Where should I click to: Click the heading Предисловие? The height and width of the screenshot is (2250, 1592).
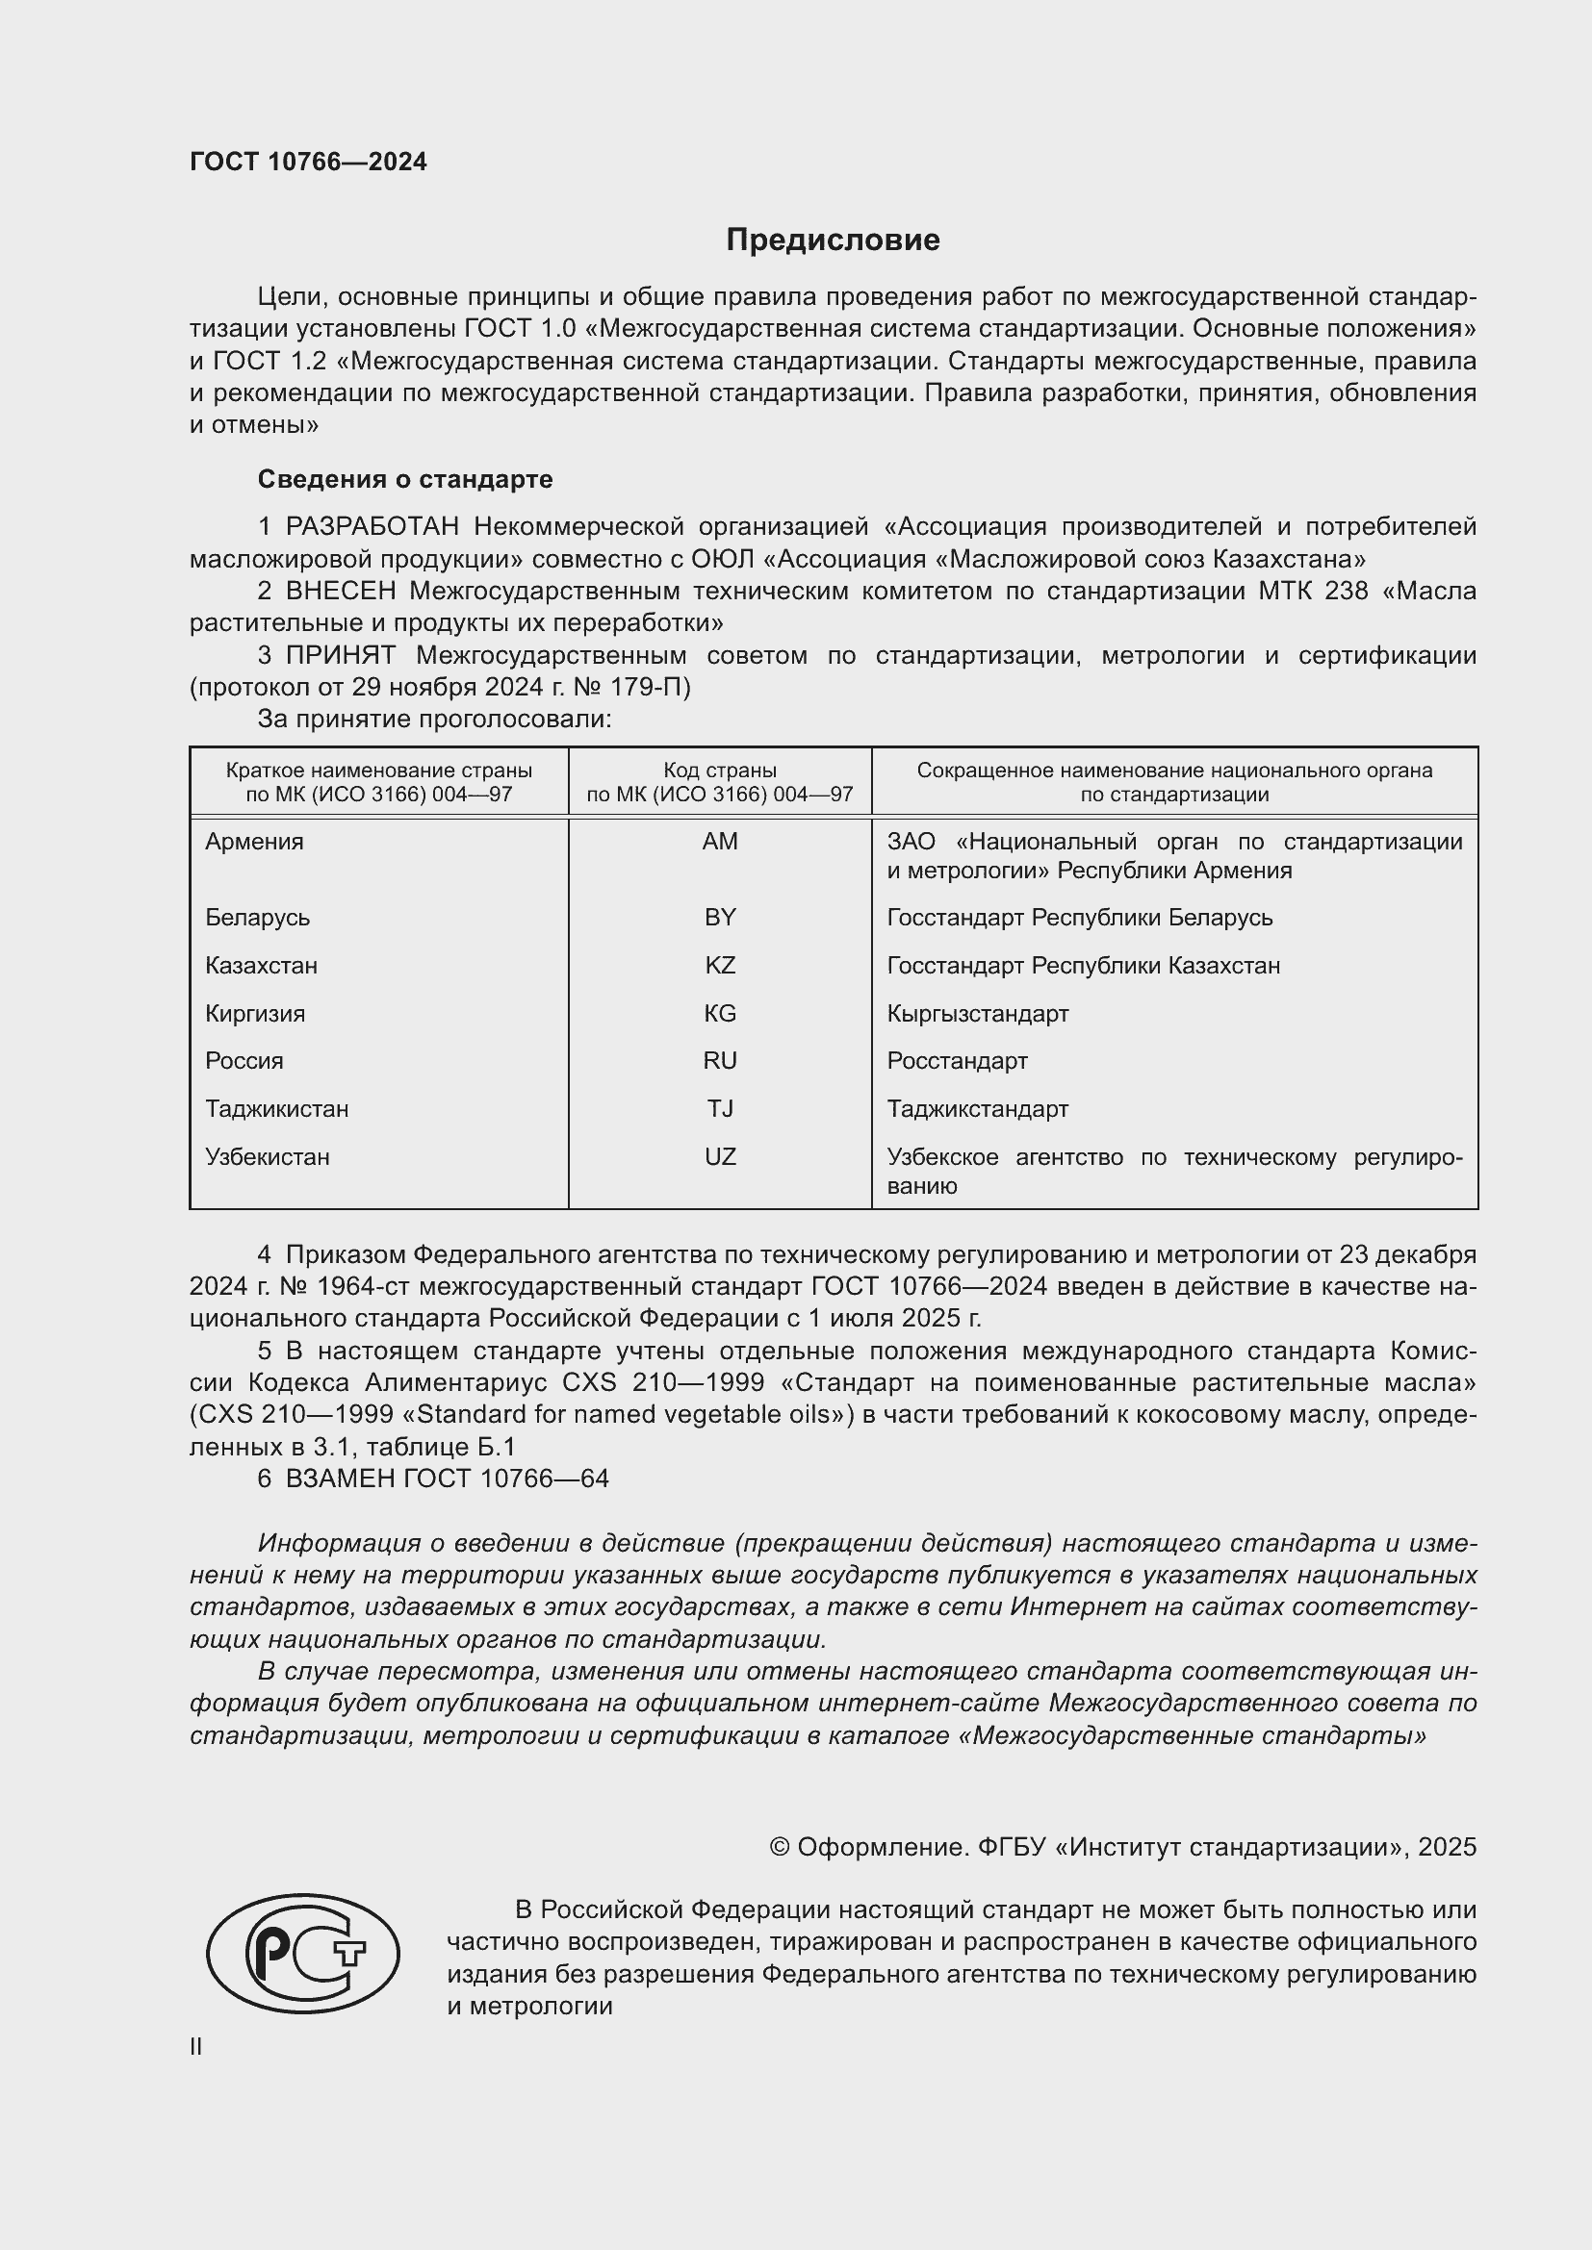pos(833,240)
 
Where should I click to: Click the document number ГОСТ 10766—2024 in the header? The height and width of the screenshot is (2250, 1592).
pos(308,163)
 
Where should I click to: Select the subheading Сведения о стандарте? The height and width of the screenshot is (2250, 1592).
pos(405,479)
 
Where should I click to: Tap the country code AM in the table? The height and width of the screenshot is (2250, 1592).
pos(720,842)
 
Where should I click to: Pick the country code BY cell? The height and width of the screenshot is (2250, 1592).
pos(720,918)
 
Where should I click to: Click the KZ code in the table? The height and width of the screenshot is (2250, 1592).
pos(720,965)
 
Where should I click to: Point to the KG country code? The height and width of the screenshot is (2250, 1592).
pos(720,1013)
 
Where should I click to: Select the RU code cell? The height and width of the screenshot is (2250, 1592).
pos(720,1060)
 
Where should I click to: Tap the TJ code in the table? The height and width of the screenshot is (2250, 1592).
pos(720,1108)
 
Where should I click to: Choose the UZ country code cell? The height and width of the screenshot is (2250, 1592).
pos(720,1156)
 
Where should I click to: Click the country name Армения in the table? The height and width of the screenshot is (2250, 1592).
pos(254,842)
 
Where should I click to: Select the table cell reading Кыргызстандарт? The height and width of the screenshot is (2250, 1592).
pos(977,1013)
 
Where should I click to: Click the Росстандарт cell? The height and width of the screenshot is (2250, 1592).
pos(957,1060)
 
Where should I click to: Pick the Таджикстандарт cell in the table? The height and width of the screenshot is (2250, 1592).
pos(977,1108)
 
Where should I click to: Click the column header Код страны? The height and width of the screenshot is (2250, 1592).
pos(720,771)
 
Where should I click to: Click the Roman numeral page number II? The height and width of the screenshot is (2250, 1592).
pos(196,2046)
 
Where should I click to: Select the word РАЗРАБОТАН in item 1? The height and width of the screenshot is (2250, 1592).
pos(372,527)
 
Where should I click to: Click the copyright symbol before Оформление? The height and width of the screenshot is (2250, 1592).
pos(780,1847)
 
